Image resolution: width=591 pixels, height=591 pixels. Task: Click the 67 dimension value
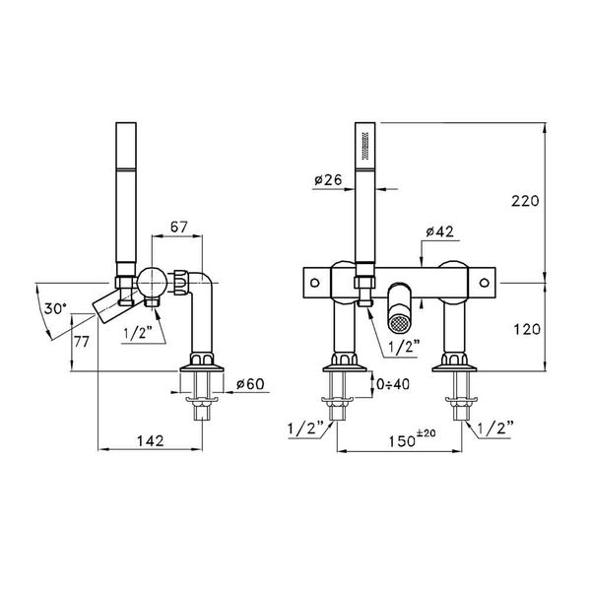[x=179, y=228]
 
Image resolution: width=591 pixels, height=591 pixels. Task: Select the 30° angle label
[x=56, y=308]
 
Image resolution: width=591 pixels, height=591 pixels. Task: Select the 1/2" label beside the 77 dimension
[x=138, y=332]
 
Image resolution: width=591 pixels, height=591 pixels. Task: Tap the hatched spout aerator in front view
[x=399, y=315]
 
